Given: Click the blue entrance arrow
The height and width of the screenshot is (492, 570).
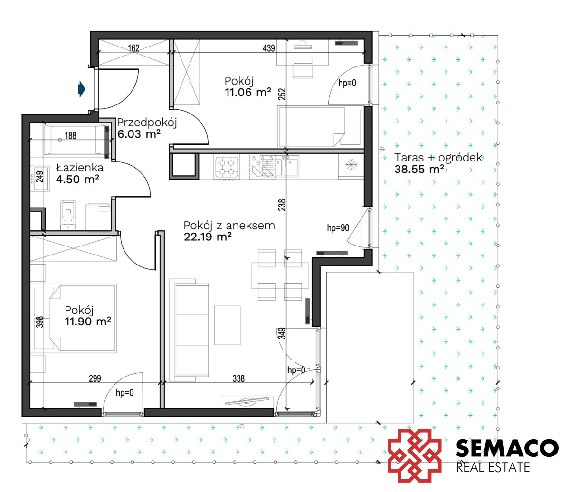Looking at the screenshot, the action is tap(82, 89).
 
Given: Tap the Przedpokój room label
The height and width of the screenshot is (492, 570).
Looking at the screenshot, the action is tap(147, 123).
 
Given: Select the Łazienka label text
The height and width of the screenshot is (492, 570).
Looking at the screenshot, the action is tap(80, 168).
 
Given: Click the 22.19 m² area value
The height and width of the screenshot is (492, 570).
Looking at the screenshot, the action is tap(208, 237).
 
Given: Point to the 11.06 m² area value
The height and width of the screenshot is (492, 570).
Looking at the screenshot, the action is tap(248, 92).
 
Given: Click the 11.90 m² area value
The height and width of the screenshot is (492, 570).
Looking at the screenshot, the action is tap(88, 322).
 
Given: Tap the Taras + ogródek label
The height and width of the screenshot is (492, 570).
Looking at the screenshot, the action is tap(438, 158).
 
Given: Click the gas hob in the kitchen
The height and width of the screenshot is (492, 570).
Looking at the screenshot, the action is tap(227, 167).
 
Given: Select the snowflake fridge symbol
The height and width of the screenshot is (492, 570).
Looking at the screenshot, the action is tap(351, 165).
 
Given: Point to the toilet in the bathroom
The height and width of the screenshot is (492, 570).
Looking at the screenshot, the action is tap(68, 215).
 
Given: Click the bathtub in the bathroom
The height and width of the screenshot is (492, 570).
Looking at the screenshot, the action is tap(76, 140).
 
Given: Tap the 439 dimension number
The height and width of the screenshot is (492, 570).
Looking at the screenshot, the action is tap(269, 48).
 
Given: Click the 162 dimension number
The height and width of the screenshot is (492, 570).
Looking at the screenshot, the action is tap(134, 48).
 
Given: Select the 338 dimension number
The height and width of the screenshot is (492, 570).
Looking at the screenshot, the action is tap(238, 378).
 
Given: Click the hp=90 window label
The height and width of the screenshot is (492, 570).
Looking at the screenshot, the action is tap(338, 228).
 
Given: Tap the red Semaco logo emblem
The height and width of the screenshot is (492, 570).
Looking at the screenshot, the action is tap(415, 455).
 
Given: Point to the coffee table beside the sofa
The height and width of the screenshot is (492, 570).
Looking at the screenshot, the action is tap(227, 325).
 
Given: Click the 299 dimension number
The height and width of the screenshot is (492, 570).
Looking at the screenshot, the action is tap(95, 378).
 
